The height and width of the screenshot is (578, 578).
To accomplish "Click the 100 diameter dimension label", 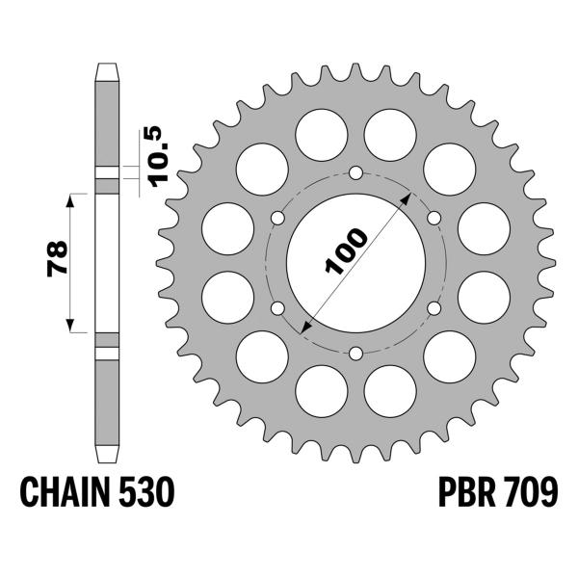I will click(x=346, y=252).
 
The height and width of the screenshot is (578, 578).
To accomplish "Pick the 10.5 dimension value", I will click(x=159, y=153).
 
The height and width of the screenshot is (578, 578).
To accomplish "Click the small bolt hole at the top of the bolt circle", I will click(x=355, y=173).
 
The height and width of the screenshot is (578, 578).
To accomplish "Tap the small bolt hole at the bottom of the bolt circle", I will click(x=355, y=353).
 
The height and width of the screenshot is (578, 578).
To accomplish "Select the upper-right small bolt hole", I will click(x=433, y=218).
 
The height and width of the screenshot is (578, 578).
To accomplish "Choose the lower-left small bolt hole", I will click(x=278, y=308).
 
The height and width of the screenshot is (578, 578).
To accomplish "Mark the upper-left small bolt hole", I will click(x=278, y=218).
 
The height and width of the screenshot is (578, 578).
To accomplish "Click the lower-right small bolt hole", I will click(x=433, y=308).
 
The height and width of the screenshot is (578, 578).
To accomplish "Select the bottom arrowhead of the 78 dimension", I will click(x=69, y=327).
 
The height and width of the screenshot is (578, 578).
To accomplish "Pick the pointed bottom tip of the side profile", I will click(x=107, y=459).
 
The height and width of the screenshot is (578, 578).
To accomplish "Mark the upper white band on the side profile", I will click(x=107, y=175).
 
